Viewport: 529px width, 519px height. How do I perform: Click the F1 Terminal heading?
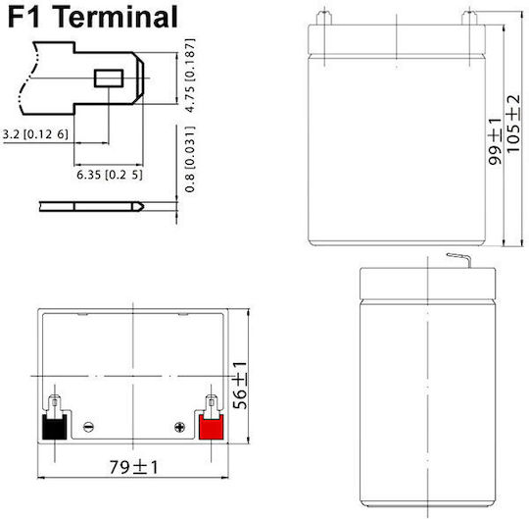coord(92,18)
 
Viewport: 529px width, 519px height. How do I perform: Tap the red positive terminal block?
coord(212,427)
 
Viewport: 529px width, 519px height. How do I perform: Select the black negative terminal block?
coord(54,427)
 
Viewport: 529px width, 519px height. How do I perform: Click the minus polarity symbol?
coord(88,427)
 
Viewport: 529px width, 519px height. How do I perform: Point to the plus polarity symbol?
coord(180,427)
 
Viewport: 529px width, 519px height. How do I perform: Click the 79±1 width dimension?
coord(133,468)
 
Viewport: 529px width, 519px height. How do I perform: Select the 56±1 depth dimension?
coord(240,386)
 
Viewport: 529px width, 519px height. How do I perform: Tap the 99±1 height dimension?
coord(495,141)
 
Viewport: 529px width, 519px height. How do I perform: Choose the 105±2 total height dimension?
coord(513,124)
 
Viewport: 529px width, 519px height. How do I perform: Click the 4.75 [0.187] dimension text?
coord(191,76)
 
